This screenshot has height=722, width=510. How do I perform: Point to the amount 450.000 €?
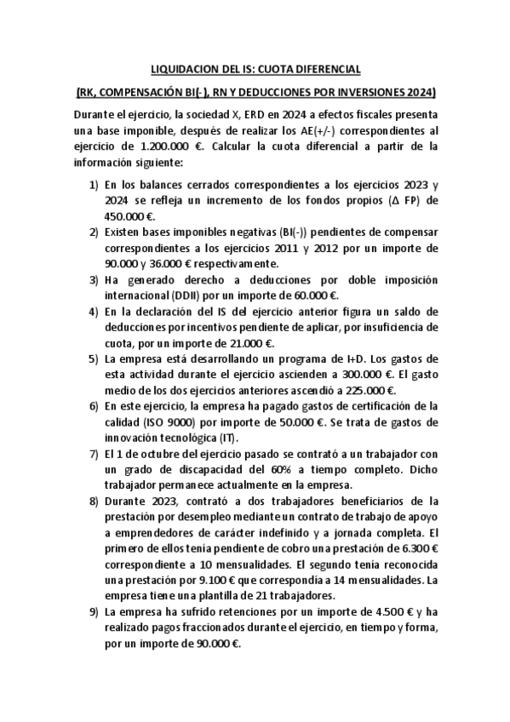click(126, 217)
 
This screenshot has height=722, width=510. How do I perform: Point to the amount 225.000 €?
click(373, 392)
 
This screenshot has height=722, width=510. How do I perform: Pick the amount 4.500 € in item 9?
click(387, 611)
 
